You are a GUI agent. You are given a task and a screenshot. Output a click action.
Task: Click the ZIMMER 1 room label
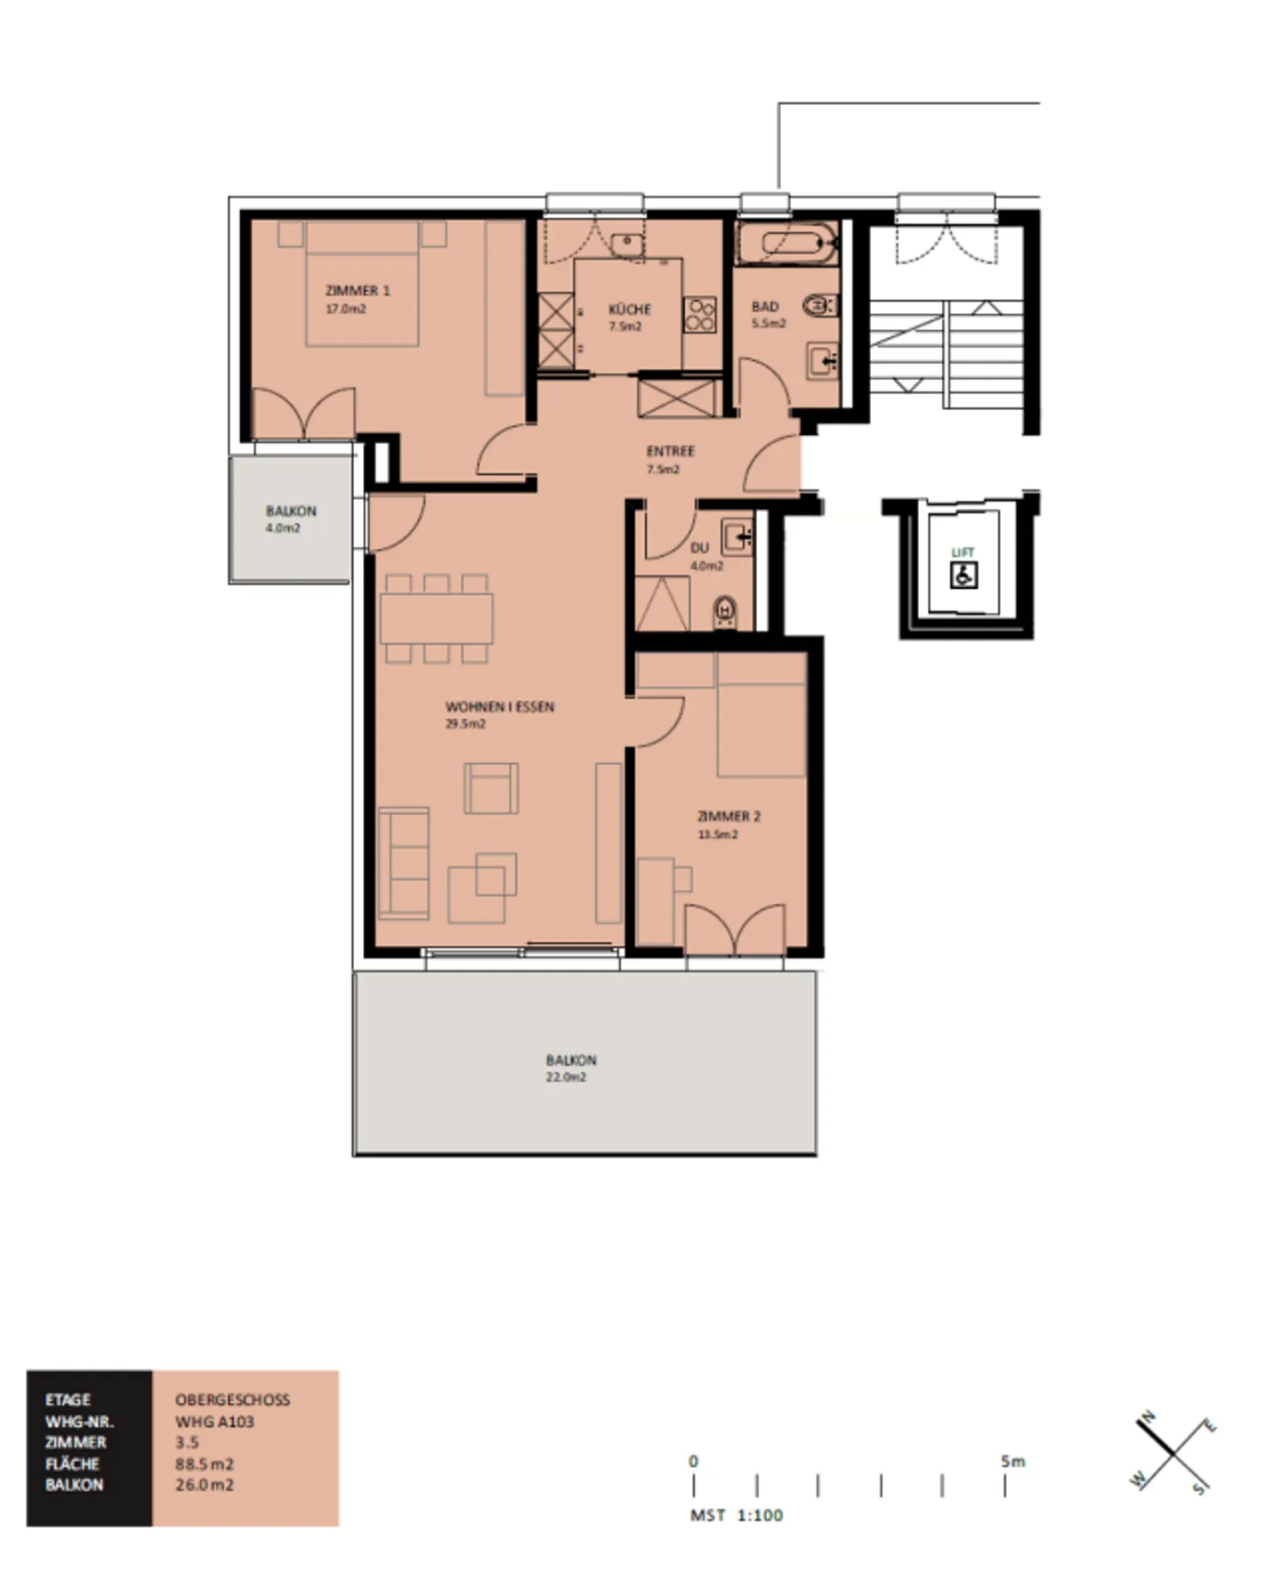click(x=358, y=291)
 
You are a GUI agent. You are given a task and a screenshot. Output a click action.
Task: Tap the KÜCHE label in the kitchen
click(x=629, y=310)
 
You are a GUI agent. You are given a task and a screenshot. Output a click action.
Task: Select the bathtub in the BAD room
click(x=787, y=244)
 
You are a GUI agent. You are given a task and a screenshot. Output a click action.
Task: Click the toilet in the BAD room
click(x=818, y=307)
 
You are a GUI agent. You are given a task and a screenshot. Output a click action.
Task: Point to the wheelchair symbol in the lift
click(x=963, y=575)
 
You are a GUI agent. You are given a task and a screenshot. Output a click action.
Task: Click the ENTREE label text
click(x=670, y=451)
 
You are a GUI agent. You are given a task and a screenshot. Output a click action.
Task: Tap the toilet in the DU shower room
click(x=726, y=610)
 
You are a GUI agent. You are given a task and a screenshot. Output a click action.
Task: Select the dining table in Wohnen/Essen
click(x=436, y=617)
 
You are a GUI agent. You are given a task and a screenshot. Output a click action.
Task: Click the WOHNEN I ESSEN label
click(x=499, y=707)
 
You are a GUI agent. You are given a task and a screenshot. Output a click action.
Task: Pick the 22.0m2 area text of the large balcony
click(x=566, y=1077)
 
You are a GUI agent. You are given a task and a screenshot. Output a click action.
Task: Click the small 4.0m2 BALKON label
click(x=291, y=512)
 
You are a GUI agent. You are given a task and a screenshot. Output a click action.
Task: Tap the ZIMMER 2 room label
click(x=729, y=817)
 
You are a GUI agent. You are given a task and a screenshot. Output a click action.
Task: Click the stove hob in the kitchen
click(x=699, y=314)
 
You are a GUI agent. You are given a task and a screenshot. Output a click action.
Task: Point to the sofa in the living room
click(x=403, y=863)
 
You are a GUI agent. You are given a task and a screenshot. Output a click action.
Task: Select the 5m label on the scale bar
click(x=1012, y=1461)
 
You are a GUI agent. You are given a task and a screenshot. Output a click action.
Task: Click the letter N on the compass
click(x=1148, y=1416)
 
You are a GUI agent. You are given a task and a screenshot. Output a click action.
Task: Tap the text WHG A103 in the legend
click(x=214, y=1422)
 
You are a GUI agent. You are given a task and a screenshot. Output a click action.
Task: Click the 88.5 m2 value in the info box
click(x=204, y=1464)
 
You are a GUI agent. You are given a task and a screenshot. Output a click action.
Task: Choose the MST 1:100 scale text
click(x=737, y=1515)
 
